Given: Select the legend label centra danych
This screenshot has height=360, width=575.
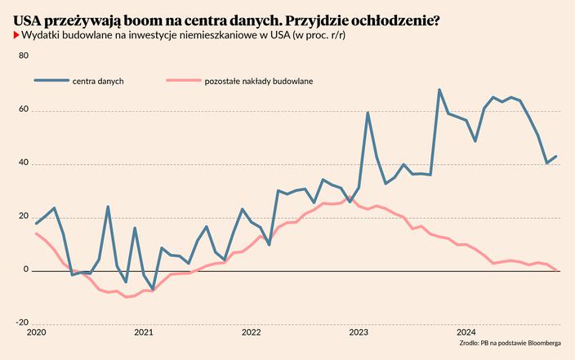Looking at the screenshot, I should (98, 82).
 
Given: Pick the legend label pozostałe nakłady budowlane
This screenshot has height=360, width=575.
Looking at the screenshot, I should (258, 82).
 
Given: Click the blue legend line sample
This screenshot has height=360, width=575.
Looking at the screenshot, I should (51, 81).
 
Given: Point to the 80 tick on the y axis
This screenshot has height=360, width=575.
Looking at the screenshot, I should (23, 56).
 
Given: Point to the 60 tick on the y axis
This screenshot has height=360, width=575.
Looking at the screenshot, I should (23, 109).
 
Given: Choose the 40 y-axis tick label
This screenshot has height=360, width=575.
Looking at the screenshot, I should (23, 162).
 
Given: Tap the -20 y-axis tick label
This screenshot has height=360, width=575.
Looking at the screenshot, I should (22, 322).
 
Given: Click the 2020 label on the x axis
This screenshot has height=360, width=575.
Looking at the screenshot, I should (36, 333).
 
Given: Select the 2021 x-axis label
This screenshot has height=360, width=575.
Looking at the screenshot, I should (143, 333).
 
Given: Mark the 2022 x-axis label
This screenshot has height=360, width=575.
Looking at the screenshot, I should (251, 333).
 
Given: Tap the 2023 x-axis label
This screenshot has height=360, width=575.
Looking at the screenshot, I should (359, 333).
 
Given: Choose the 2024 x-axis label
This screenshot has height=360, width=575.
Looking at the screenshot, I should (466, 333).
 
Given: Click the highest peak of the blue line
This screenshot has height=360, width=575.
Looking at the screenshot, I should (439, 90).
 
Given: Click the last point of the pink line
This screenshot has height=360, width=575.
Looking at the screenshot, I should (556, 269).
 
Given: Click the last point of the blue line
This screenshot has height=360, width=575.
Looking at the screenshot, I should (556, 156).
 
